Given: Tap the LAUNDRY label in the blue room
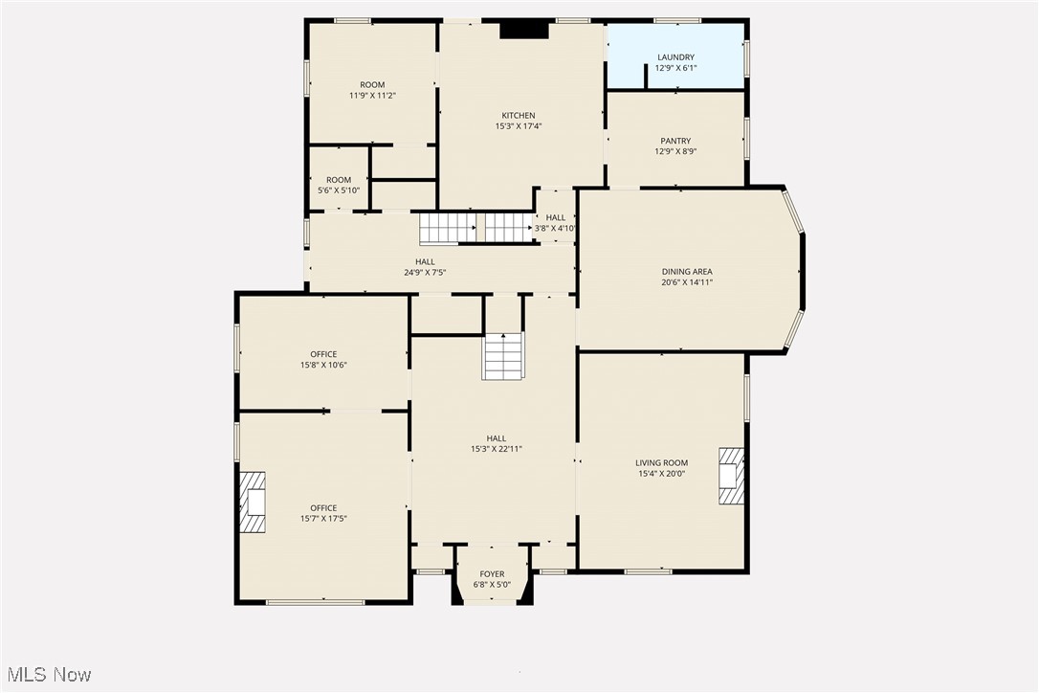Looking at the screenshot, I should tap(675, 57).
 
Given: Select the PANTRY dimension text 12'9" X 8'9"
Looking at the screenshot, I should tap(675, 152).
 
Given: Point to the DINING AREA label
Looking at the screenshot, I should tap(687, 272).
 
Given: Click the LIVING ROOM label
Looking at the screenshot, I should tap(662, 463).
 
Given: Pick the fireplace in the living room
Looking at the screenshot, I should tap(731, 476).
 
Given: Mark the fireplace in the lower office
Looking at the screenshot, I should tap(253, 502).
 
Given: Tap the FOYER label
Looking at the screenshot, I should tap(492, 574).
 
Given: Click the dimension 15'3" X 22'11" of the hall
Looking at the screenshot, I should tap(496, 449).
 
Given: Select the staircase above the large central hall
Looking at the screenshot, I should tap(503, 356).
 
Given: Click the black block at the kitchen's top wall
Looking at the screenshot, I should tap(524, 31).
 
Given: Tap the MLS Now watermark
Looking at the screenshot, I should tap(47, 675).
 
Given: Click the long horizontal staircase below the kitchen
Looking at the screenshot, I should tap(475, 228).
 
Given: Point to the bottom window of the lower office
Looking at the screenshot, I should tap(315, 602).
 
